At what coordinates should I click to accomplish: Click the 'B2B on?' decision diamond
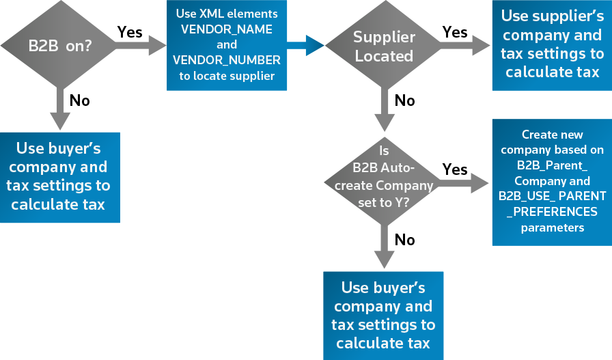(60, 46)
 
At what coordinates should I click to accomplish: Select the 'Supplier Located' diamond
(383, 46)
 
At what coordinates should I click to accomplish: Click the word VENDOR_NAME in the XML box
(226, 29)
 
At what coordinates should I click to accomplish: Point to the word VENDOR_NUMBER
(226, 60)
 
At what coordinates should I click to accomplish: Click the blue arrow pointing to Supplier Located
(305, 46)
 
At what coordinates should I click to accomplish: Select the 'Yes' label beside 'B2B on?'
(130, 32)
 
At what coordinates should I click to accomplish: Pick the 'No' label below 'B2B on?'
(80, 100)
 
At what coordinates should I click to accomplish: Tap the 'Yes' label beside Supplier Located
(455, 32)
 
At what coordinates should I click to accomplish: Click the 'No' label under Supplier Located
(404, 100)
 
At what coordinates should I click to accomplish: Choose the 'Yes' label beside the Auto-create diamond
(455, 169)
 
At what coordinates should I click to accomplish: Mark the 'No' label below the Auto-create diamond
(404, 240)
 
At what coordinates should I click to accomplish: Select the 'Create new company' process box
(552, 182)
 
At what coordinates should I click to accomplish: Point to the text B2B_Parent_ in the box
(552, 165)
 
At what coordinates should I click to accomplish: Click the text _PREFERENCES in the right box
(552, 212)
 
